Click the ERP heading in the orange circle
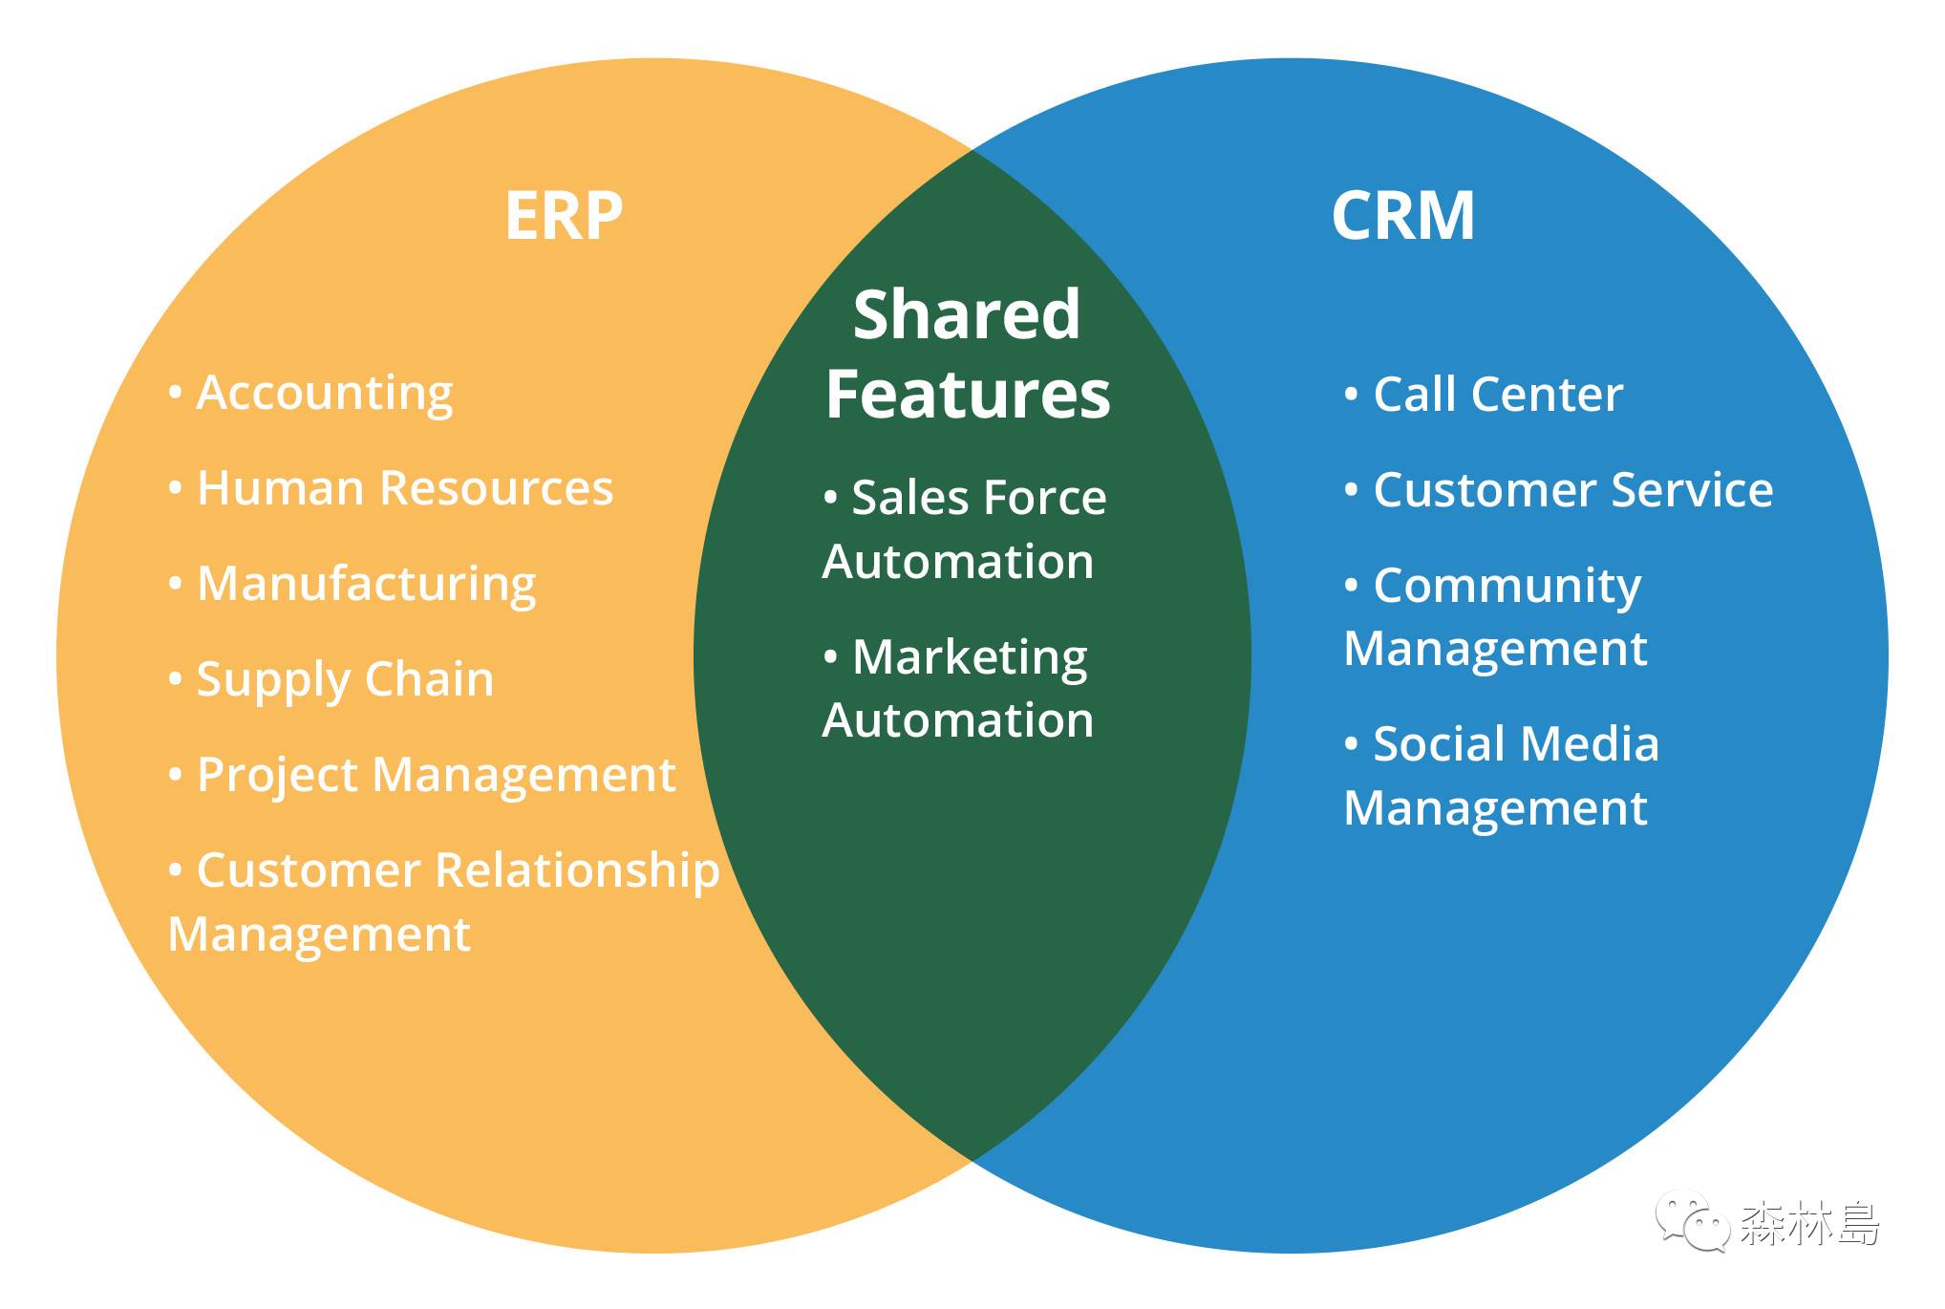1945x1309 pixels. point(564,216)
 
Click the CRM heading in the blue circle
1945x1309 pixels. point(1402,216)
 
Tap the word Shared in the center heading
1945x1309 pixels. point(967,314)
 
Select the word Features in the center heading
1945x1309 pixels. point(968,395)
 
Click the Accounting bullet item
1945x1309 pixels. point(324,394)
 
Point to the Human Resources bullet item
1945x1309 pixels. point(404,488)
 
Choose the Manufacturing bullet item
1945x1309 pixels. point(366,584)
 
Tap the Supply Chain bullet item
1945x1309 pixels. point(345,679)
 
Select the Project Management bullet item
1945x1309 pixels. point(436,775)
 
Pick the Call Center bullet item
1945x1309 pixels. point(1497,395)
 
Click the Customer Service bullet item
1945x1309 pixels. point(1572,490)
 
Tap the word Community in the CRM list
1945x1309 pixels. point(1507,586)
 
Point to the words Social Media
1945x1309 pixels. point(1515,744)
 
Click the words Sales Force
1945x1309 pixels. point(978,498)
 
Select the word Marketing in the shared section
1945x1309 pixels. point(969,658)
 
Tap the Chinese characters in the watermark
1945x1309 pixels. point(1809,1223)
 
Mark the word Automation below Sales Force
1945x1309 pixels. point(957,562)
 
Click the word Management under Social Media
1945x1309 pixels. point(1495,808)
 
